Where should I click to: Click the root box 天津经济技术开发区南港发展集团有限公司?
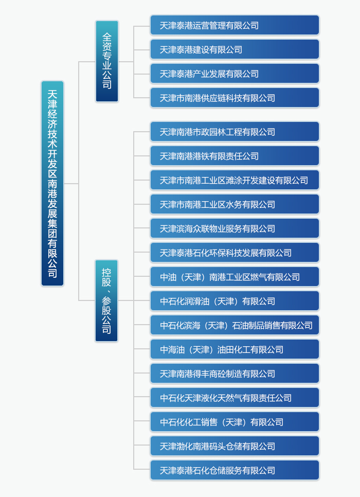pyautogui.click(x=52, y=184)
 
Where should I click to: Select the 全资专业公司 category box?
pyautogui.click(x=107, y=62)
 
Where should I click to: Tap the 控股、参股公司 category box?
pyautogui.click(x=106, y=300)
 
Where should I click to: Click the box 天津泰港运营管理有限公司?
pyautogui.click(x=235, y=25)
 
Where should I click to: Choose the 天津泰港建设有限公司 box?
pyautogui.click(x=235, y=49)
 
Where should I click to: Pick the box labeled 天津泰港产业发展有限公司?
pyautogui.click(x=235, y=74)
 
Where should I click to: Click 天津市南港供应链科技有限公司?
pyautogui.click(x=235, y=98)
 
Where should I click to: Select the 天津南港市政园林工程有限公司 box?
pyautogui.click(x=235, y=132)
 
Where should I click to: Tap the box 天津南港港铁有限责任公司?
pyautogui.click(x=235, y=156)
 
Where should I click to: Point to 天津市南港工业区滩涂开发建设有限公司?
pyautogui.click(x=235, y=180)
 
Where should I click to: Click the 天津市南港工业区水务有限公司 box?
pyautogui.click(x=235, y=204)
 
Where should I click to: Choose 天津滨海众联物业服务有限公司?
pyautogui.click(x=235, y=228)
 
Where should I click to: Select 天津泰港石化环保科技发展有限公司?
pyautogui.click(x=235, y=253)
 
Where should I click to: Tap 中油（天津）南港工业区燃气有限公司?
pyautogui.click(x=235, y=277)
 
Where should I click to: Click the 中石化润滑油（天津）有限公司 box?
pyautogui.click(x=235, y=301)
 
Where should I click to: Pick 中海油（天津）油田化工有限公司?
pyautogui.click(x=235, y=349)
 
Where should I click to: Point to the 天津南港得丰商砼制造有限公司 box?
pyautogui.click(x=235, y=374)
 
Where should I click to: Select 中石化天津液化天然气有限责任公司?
pyautogui.click(x=235, y=398)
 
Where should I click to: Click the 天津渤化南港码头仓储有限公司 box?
pyautogui.click(x=235, y=446)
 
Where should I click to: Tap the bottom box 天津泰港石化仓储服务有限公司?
pyautogui.click(x=235, y=470)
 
